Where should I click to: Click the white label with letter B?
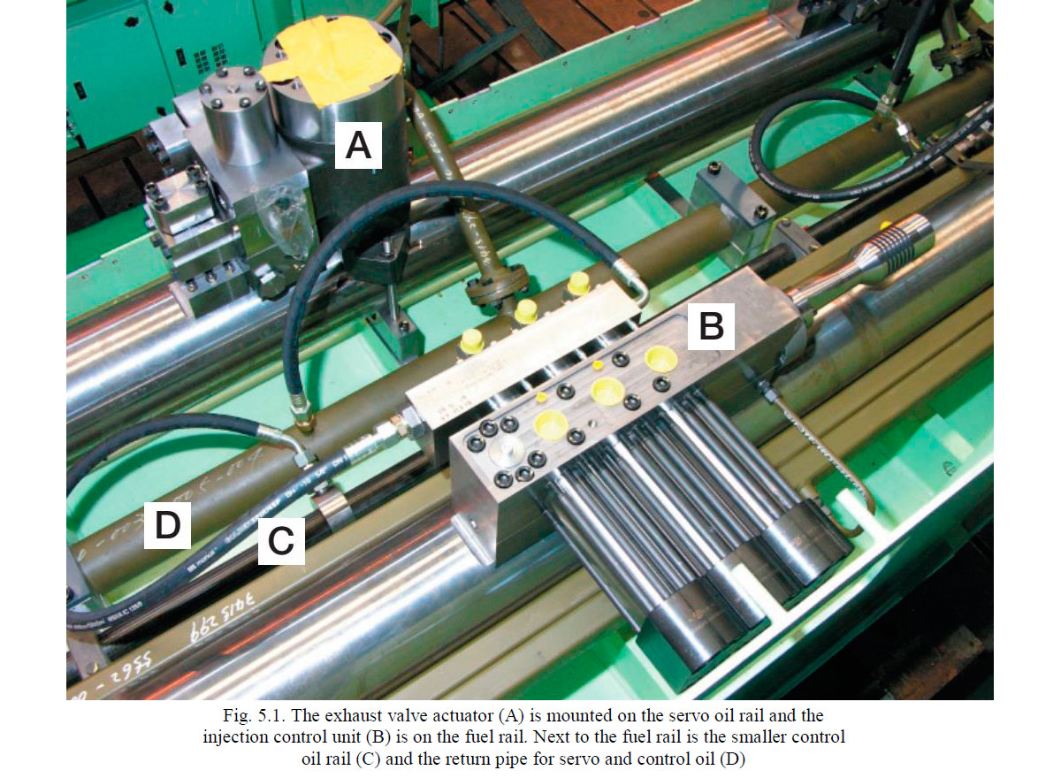click(711, 327)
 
